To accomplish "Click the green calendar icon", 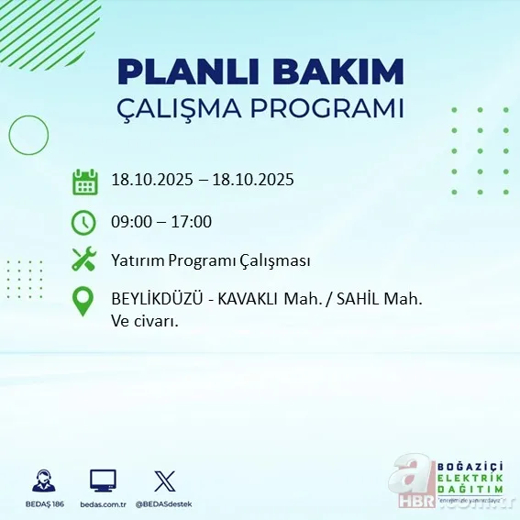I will pyautogui.click(x=84, y=181).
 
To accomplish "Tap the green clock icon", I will pyautogui.click(x=83, y=221).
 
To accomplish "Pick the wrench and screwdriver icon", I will pyautogui.click(x=83, y=260).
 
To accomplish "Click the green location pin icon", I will pyautogui.click(x=83, y=303).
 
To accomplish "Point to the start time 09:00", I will pyautogui.click(x=130, y=221).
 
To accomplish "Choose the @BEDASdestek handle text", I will pyautogui.click(x=163, y=504).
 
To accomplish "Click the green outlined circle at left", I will pyautogui.click(x=28, y=135).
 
